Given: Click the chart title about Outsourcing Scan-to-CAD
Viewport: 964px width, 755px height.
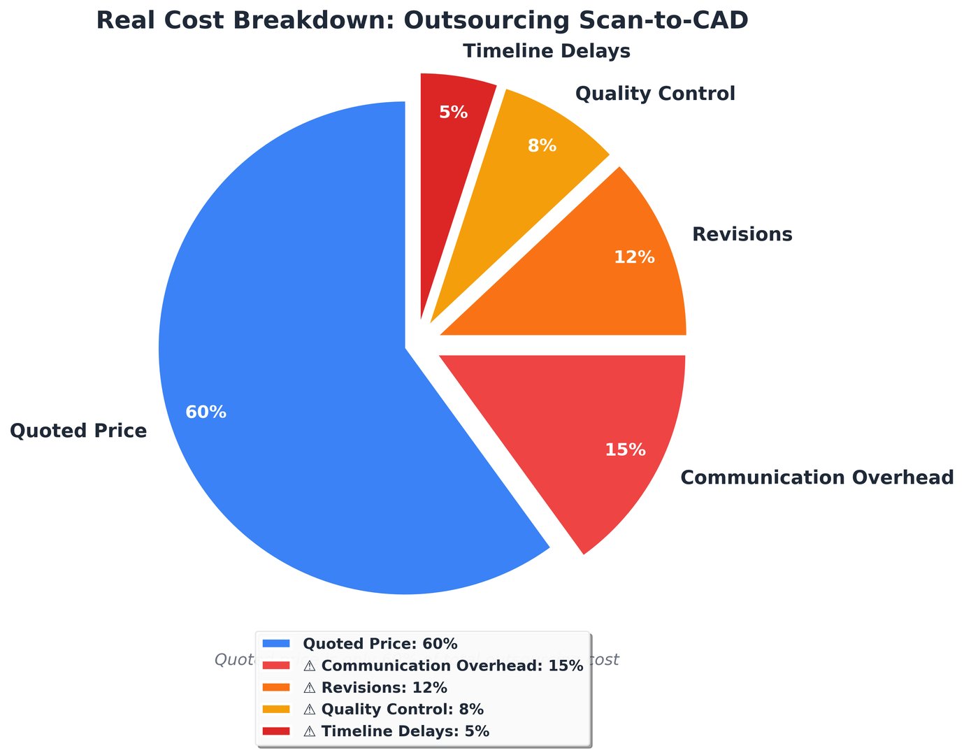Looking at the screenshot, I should [x=422, y=20].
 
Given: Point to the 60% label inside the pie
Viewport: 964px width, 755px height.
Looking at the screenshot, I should [x=206, y=412].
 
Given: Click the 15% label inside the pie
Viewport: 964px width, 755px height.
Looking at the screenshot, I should [x=625, y=450].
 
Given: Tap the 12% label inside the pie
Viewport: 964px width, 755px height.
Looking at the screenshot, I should [x=634, y=257].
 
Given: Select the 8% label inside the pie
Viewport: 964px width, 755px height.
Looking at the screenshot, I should [x=542, y=146].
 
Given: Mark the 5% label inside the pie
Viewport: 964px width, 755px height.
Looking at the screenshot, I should [x=453, y=112].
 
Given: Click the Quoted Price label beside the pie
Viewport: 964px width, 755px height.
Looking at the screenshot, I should [x=78, y=431].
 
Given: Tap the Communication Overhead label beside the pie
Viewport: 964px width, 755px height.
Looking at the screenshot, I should [x=816, y=477].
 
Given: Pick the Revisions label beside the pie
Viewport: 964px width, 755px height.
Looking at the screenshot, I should [x=742, y=234].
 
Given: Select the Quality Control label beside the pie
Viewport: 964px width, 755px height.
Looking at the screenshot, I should [x=655, y=94].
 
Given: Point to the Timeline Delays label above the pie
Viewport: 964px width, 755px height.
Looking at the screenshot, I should [x=547, y=52].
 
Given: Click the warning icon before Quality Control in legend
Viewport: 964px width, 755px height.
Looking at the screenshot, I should [x=310, y=710].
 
